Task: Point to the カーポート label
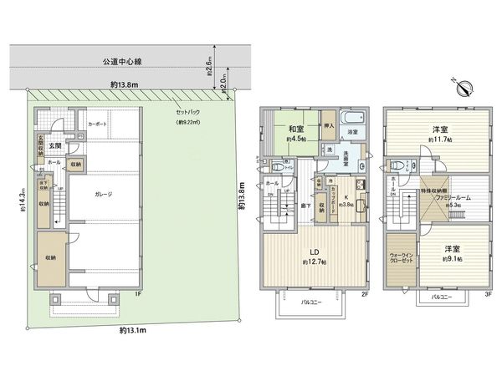97,123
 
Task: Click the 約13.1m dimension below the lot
133,330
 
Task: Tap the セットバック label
187,112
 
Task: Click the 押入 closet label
329,127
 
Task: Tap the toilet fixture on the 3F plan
398,164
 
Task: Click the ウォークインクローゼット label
400,257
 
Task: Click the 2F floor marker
365,294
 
